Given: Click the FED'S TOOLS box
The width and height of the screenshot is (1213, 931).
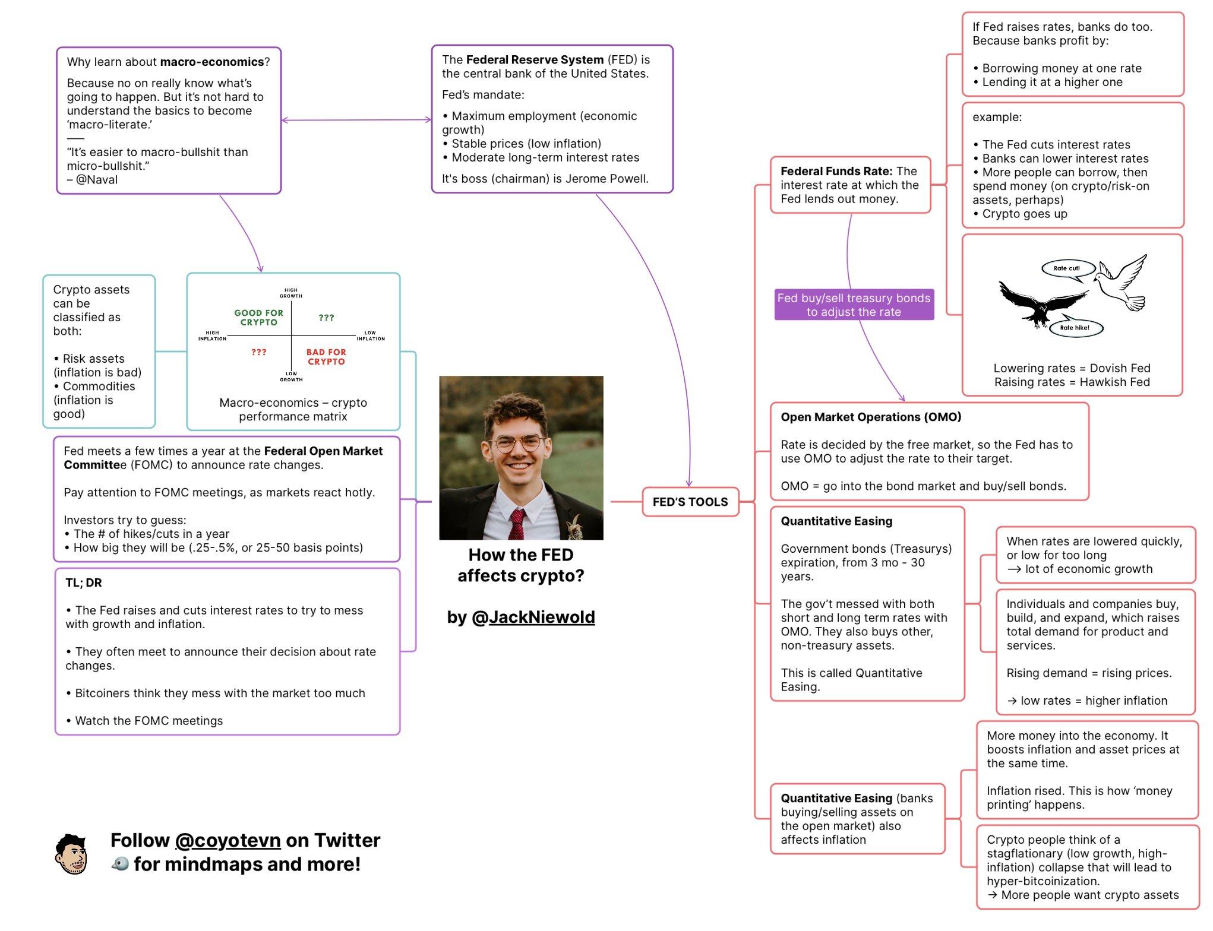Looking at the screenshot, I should point(690,502).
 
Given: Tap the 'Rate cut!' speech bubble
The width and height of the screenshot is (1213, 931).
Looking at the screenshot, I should point(1067,268).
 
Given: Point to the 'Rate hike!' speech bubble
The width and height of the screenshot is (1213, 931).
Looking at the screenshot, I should point(1075,328).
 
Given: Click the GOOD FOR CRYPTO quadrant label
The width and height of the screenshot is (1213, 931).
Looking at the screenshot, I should point(258,318).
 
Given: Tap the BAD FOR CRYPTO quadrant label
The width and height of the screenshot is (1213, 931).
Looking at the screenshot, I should point(326,357).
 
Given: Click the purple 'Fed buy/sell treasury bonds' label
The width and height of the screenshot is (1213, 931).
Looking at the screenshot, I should point(854,305).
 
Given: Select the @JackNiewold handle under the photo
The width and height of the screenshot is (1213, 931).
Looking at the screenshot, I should point(533,617).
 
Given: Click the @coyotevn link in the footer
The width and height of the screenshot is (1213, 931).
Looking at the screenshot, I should point(228,841).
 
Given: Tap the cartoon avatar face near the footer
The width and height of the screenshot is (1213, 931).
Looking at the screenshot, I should point(72,854).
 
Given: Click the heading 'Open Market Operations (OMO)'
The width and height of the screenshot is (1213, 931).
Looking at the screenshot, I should point(871,417).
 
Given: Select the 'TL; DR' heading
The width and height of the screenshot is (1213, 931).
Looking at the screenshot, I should point(84,583).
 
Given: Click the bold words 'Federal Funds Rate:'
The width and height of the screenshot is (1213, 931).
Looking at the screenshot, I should point(836,171).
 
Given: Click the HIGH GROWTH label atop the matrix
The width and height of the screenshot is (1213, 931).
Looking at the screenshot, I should point(291,293).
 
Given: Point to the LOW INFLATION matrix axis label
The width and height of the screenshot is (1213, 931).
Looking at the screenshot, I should point(371,335).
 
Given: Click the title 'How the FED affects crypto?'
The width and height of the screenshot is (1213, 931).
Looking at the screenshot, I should point(521,565).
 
